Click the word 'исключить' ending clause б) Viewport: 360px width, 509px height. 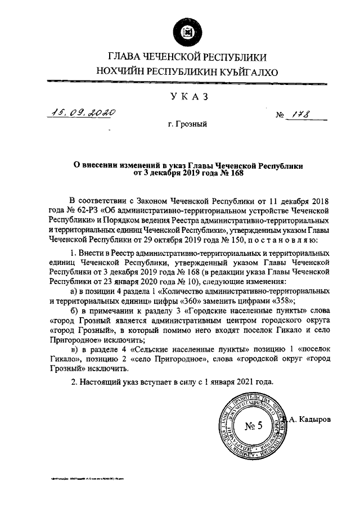pos(119,341)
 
